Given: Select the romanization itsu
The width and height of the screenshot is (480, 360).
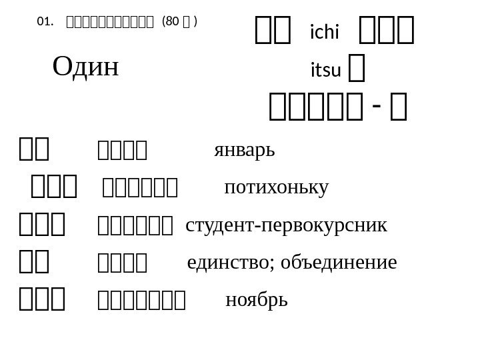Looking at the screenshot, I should point(325,69).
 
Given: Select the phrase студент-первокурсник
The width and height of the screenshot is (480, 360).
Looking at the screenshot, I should point(286,225).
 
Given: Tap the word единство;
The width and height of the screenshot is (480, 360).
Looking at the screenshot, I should point(232,263).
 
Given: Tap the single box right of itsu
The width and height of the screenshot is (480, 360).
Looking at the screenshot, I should point(358,69).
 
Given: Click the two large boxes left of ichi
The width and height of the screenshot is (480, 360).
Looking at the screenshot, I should point(273,31).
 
